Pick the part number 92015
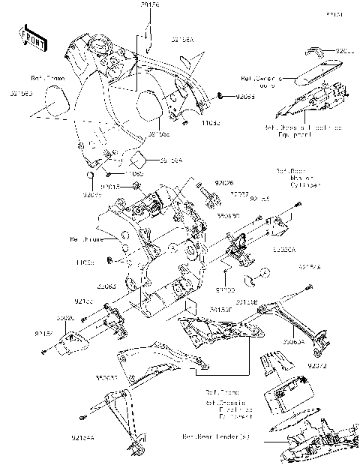point(110,186)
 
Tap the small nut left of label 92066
point(223,96)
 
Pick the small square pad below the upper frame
point(138,159)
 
